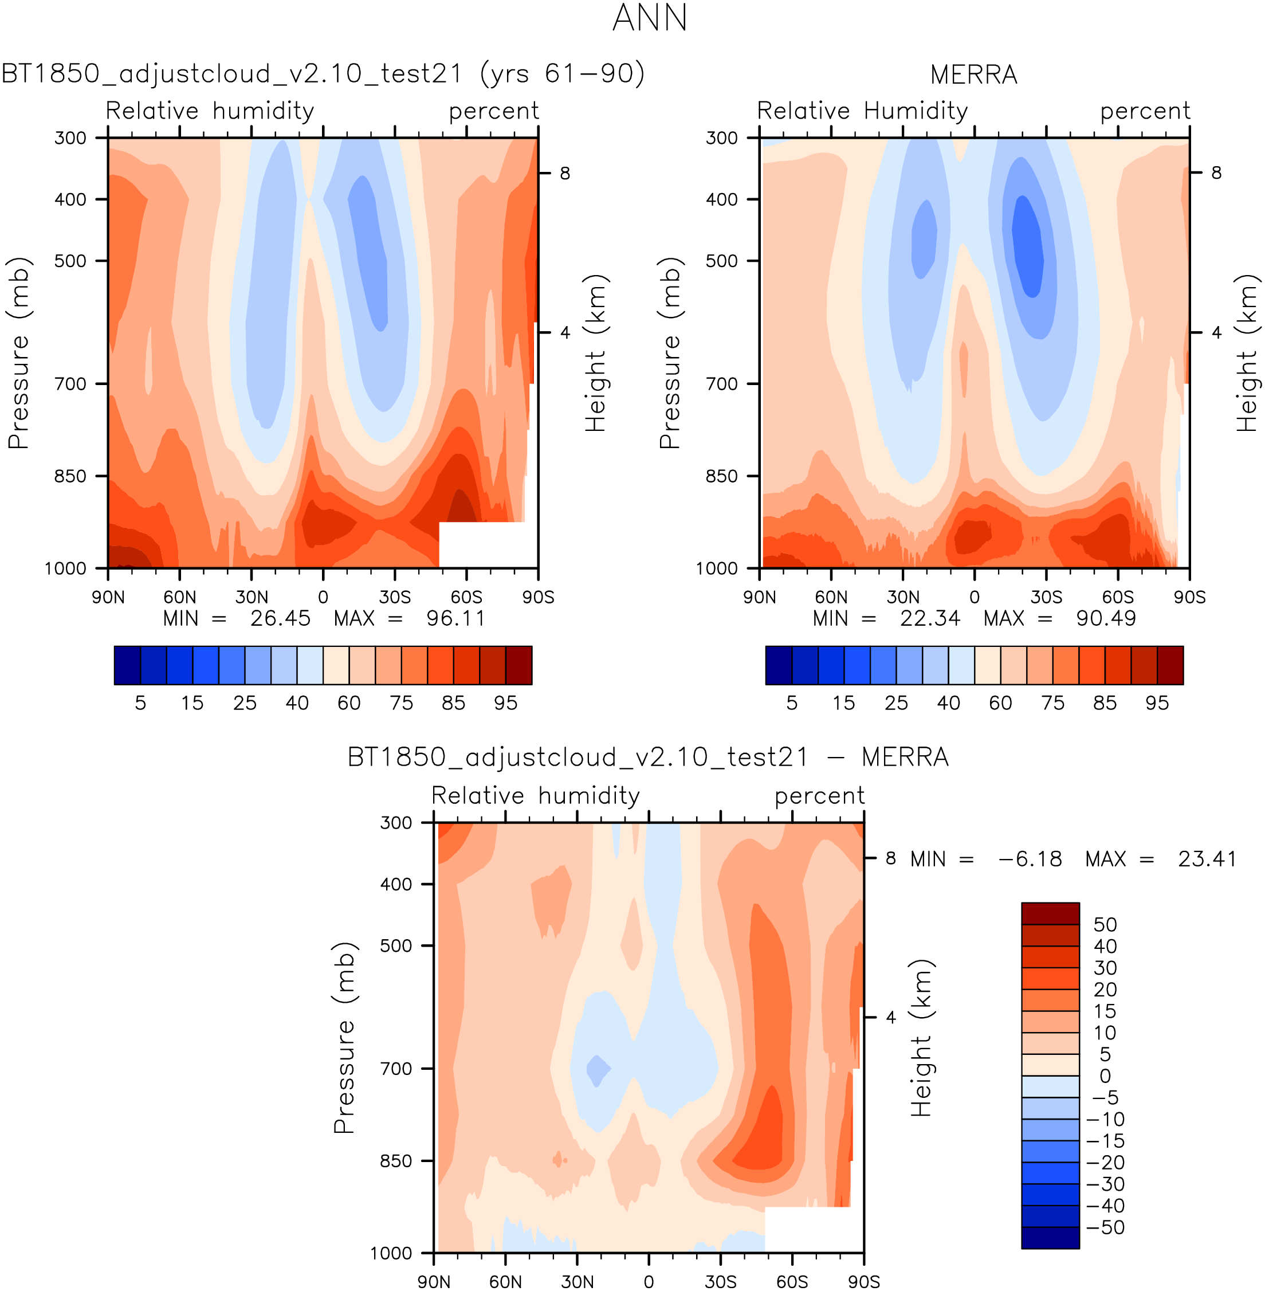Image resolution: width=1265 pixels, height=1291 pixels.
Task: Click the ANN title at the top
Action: [649, 18]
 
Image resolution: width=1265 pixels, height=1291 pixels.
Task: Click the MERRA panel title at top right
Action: [973, 75]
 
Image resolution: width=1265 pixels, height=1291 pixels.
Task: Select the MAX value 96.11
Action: [456, 619]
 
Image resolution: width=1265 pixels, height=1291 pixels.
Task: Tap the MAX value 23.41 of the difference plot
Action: [1207, 859]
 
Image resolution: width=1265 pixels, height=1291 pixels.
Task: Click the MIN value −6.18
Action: [1030, 859]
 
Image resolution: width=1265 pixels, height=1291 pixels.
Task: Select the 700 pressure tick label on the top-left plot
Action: [70, 384]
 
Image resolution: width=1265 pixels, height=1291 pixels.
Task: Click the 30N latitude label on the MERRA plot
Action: [903, 597]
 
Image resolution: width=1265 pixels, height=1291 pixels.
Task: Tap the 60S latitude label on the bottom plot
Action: [792, 1282]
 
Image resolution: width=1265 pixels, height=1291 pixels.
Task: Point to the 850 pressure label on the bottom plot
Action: [396, 1161]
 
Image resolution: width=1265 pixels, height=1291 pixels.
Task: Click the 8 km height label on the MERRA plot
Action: [1216, 172]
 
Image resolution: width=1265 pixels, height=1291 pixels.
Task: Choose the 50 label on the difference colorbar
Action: [1105, 924]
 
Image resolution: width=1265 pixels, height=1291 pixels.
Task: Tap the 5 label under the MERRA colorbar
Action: [792, 703]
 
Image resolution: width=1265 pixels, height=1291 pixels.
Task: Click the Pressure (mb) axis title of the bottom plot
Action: [344, 1037]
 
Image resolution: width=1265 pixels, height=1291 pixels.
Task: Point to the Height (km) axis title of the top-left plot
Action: [596, 353]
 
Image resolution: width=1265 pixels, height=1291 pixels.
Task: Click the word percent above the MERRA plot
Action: [1145, 111]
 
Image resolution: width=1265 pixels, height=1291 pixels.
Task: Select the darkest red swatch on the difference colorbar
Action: [1050, 913]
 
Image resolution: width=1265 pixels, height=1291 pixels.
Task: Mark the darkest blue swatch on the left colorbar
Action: [127, 665]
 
